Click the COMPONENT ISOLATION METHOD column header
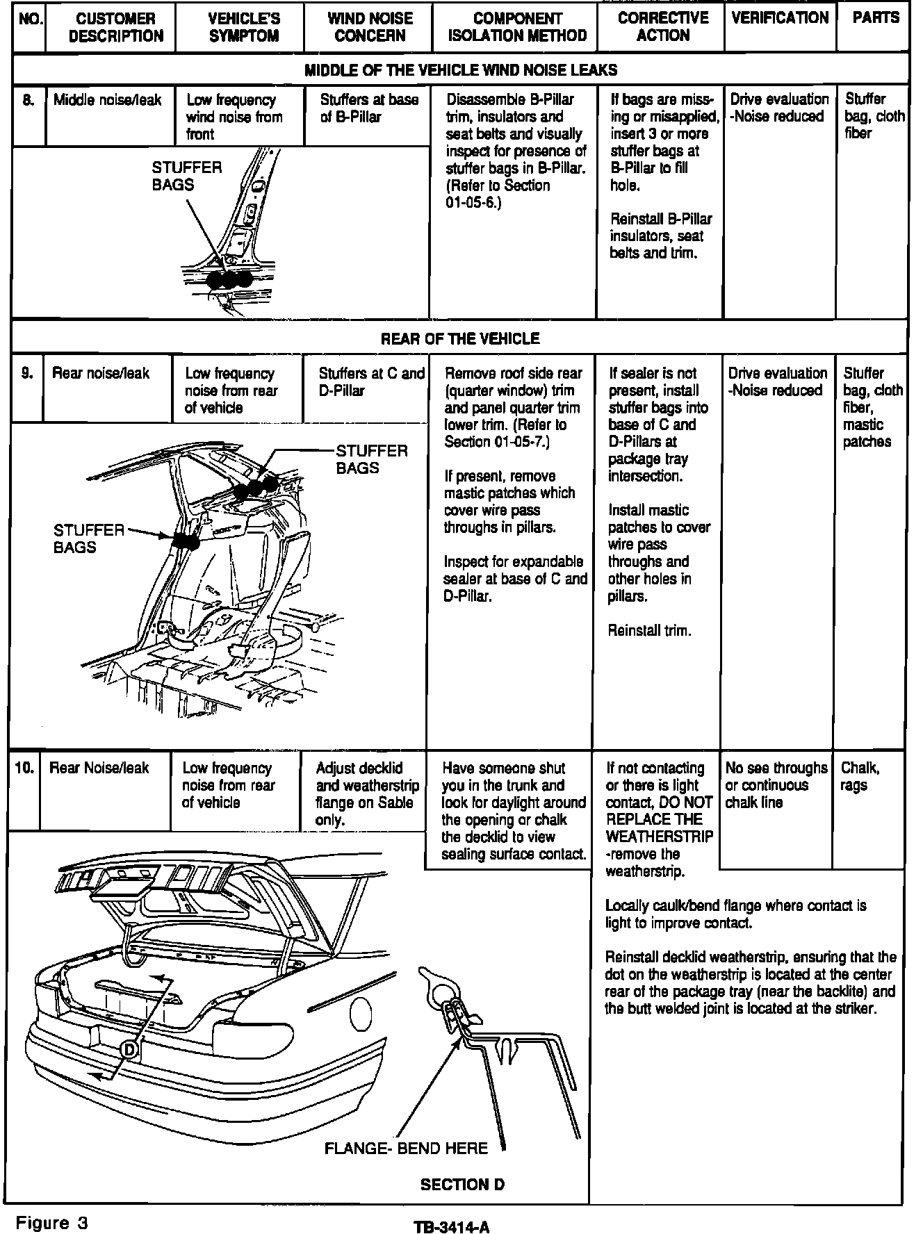pos(517,27)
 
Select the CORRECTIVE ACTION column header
pos(662,27)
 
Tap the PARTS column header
pos(875,18)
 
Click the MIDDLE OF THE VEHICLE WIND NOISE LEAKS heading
pos(461,70)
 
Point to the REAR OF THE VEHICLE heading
pos(460,339)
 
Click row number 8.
pos(28,100)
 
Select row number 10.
pos(24,768)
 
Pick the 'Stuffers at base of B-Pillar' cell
pos(368,108)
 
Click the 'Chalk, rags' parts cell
pos(860,777)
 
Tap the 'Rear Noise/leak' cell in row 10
pos(99,768)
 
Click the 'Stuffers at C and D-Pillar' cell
pos(370,382)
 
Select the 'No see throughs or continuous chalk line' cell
pos(776,785)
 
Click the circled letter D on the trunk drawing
pos(129,1051)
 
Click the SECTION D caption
pos(462,1185)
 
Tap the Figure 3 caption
pos(53,1223)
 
